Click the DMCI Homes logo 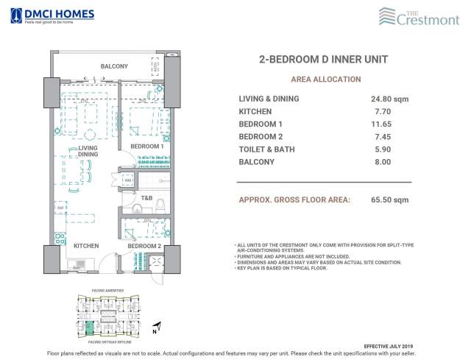[42, 15]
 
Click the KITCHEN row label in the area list [254, 111]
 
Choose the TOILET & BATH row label [268, 149]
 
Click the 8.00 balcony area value [381, 161]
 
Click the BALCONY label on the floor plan [115, 67]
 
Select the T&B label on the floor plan [146, 198]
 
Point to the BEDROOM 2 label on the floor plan [144, 246]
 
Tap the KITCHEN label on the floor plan [86, 246]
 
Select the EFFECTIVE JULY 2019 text [394, 345]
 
